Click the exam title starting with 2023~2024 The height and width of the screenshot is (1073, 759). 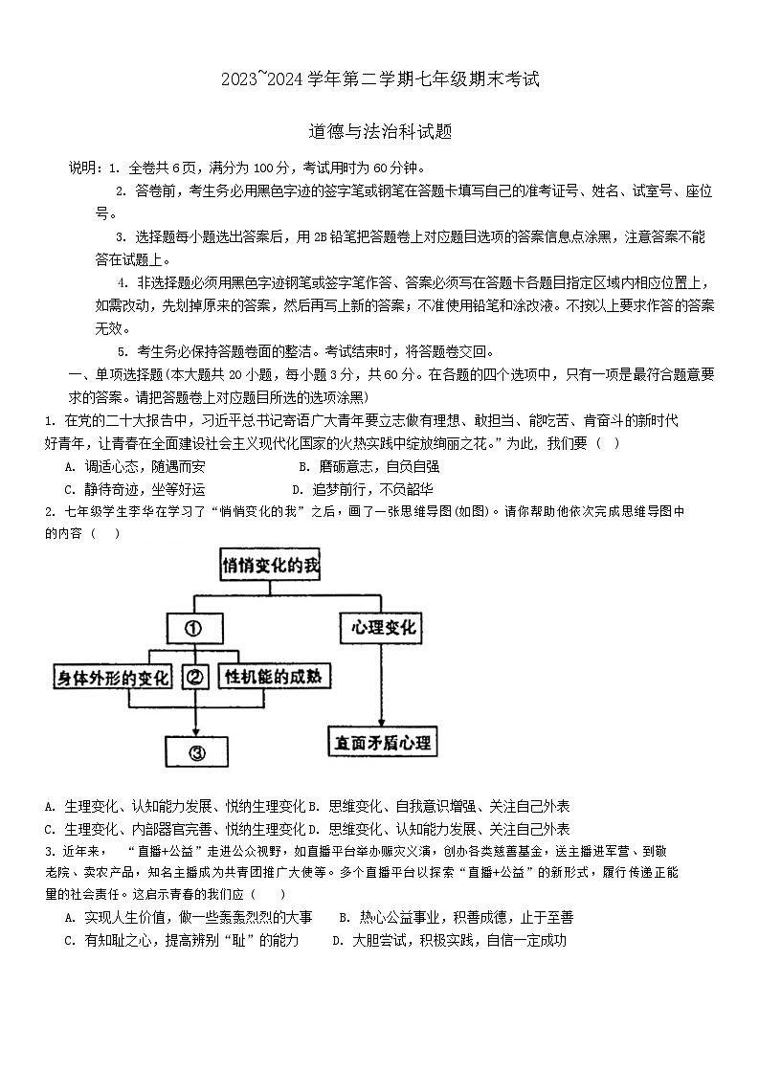click(x=380, y=80)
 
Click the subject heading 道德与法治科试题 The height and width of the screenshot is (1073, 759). click(x=380, y=132)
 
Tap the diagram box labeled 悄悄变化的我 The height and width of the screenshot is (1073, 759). click(x=271, y=567)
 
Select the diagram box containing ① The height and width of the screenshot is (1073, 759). click(x=193, y=629)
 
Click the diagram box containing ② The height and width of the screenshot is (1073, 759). click(x=195, y=678)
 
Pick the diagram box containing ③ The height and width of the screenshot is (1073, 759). click(x=195, y=751)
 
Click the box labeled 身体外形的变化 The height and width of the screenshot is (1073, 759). click(x=112, y=678)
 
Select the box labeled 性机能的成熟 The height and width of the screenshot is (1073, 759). click(x=273, y=678)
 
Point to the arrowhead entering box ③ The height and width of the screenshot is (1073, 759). click(x=195, y=729)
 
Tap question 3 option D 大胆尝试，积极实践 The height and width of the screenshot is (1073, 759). click(x=449, y=940)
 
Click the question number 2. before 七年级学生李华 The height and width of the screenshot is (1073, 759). click(x=50, y=512)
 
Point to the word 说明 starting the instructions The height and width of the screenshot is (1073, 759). click(x=82, y=168)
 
